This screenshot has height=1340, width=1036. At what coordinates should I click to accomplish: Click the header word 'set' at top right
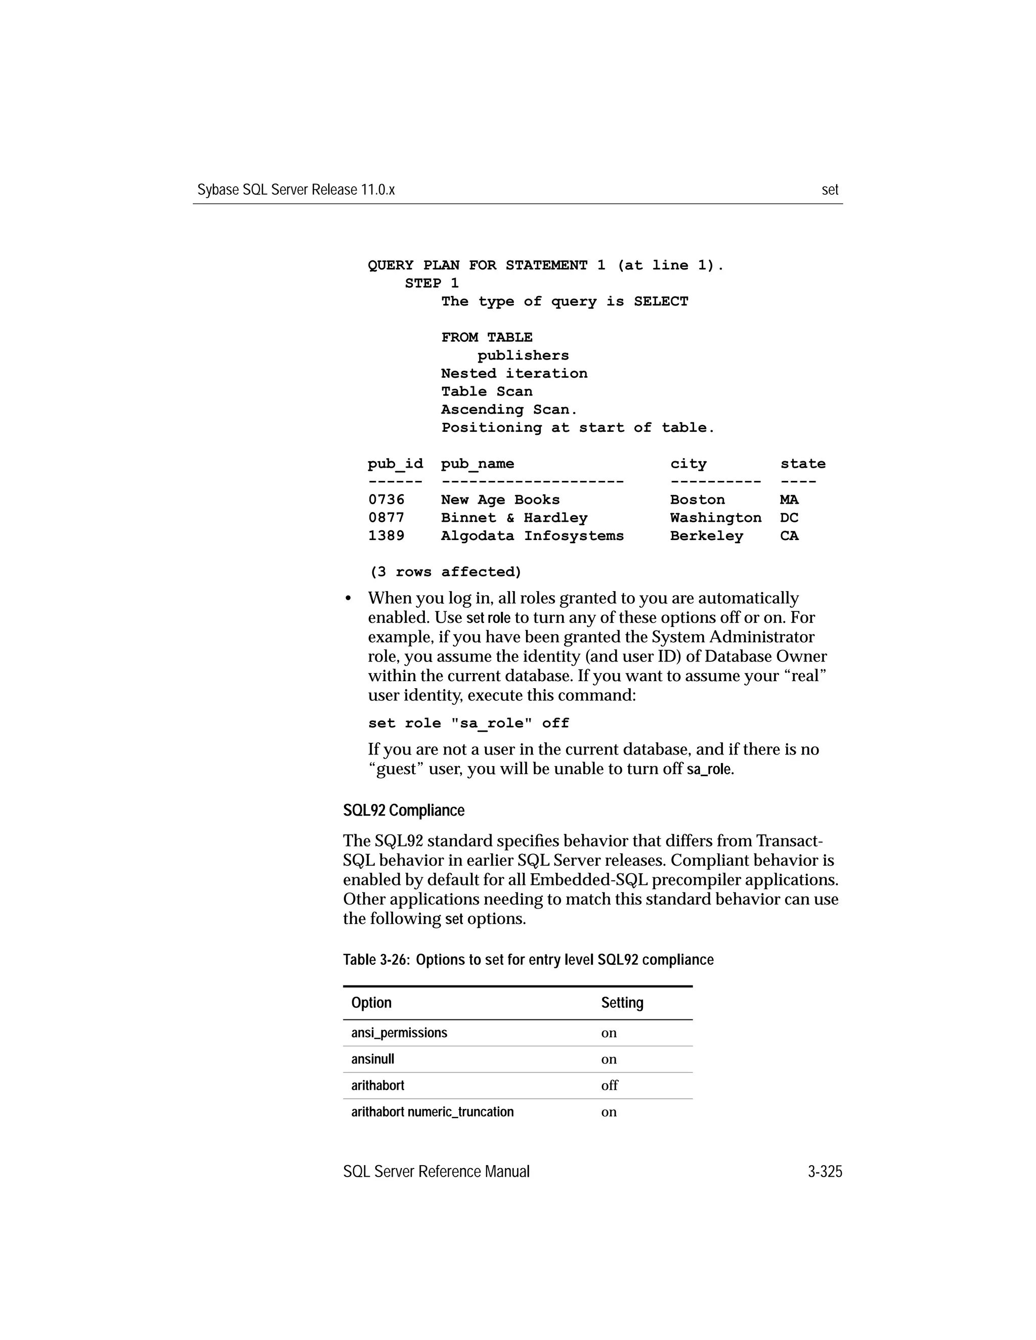click(829, 190)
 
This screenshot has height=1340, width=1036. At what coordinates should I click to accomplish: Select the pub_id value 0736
click(386, 500)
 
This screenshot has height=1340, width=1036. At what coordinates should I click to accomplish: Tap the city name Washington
click(715, 518)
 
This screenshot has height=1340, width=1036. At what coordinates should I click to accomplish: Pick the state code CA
click(789, 536)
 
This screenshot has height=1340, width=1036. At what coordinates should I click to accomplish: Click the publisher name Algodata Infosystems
click(532, 536)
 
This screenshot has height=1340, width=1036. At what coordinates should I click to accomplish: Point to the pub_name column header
click(477, 465)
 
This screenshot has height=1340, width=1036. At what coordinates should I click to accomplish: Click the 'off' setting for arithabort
click(609, 1085)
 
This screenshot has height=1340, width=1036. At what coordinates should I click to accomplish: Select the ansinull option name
click(372, 1059)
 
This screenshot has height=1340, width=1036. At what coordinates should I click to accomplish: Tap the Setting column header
click(622, 1003)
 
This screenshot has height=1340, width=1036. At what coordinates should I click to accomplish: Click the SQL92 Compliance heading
click(403, 811)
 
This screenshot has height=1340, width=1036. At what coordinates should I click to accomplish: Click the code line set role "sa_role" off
click(468, 724)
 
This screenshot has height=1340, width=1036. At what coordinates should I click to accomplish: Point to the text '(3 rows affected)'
click(445, 572)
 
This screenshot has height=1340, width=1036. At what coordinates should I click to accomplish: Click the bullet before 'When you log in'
click(348, 599)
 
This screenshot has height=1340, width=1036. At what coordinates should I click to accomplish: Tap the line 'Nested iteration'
click(514, 374)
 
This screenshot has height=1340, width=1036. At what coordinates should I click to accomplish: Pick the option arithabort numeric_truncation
click(432, 1112)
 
